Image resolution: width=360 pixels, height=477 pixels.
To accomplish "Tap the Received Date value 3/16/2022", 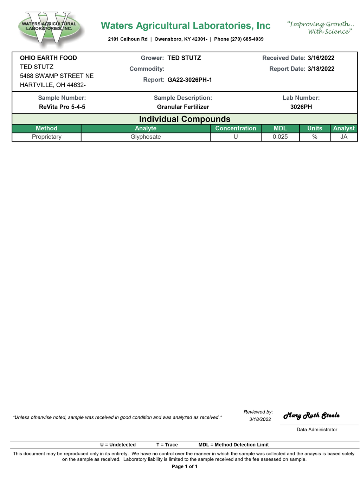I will (x=321, y=58).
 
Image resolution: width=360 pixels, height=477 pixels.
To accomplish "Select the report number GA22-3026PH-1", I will (x=189, y=80).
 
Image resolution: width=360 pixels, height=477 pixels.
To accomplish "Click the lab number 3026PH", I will (x=301, y=107).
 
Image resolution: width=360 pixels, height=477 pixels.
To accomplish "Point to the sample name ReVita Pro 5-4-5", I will (x=62, y=107).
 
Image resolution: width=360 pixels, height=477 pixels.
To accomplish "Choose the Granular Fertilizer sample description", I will (x=183, y=107).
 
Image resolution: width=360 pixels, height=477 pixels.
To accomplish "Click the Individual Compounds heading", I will (x=185, y=119).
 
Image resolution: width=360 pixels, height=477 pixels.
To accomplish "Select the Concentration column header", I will (x=236, y=129).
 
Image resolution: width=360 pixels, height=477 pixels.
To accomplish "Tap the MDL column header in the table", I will (x=280, y=129).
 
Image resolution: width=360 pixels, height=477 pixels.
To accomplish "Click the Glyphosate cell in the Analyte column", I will (x=146, y=137).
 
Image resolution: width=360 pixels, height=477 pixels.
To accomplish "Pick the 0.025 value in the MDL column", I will (x=280, y=137).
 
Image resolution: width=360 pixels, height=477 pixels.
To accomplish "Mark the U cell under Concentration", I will (x=236, y=137).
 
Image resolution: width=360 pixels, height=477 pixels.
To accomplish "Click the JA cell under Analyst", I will (x=344, y=137).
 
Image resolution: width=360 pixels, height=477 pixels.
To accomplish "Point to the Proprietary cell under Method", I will (x=47, y=137).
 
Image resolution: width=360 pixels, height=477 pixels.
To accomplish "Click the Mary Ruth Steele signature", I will (x=311, y=416).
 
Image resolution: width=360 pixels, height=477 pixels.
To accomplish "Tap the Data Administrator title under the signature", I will (x=317, y=430).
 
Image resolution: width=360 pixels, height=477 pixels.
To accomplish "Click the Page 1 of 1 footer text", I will (x=185, y=466).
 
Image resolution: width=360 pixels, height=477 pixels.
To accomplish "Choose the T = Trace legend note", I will (x=167, y=445).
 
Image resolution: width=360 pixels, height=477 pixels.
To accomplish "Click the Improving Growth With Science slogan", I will (x=320, y=28).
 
